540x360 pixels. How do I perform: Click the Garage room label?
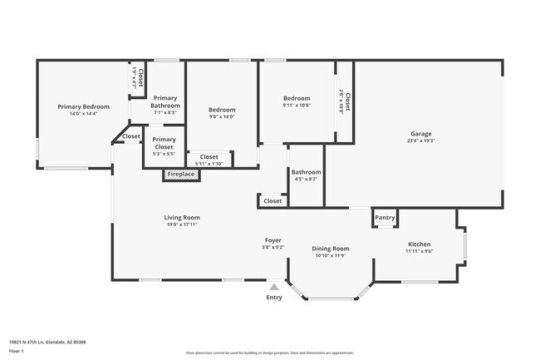pyautogui.click(x=420, y=134)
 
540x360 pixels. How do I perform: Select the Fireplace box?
pyautogui.click(x=180, y=175)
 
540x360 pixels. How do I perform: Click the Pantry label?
pyautogui.click(x=385, y=218)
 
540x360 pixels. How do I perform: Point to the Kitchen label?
pyautogui.click(x=418, y=244)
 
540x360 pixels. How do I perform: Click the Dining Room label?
pyautogui.click(x=330, y=249)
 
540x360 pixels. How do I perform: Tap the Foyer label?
pyautogui.click(x=273, y=239)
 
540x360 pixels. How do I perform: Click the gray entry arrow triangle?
pyautogui.click(x=273, y=287)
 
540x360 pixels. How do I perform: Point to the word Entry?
pyautogui.click(x=273, y=298)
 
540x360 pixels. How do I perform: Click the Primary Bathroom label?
pyautogui.click(x=165, y=102)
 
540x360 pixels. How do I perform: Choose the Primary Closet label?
pyautogui.click(x=164, y=143)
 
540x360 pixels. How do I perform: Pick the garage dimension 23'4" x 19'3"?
pyautogui.click(x=420, y=141)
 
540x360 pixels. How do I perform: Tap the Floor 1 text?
pyautogui.click(x=17, y=352)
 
